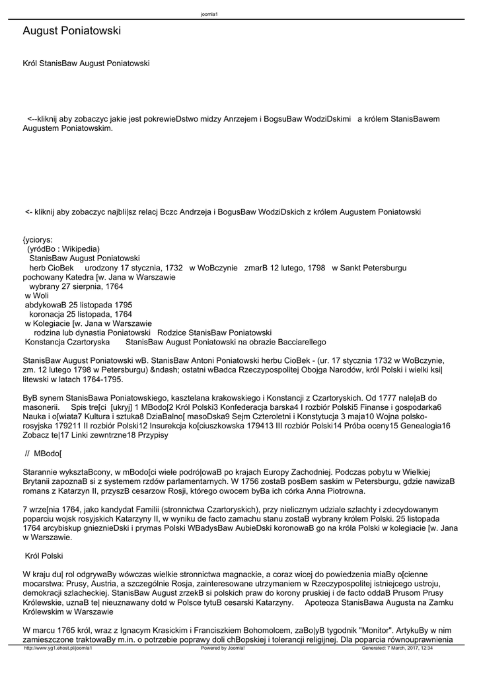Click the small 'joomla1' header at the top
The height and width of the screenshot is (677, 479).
pos(209,15)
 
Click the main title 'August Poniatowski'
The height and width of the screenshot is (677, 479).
pos(71,31)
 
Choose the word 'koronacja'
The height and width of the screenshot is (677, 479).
pos(47,315)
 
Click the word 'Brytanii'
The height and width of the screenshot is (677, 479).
pos(38,482)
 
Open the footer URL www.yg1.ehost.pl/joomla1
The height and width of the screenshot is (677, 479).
pos(58,648)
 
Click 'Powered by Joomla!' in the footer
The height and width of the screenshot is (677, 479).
pos(223,648)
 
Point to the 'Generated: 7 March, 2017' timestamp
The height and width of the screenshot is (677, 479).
pos(397,648)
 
